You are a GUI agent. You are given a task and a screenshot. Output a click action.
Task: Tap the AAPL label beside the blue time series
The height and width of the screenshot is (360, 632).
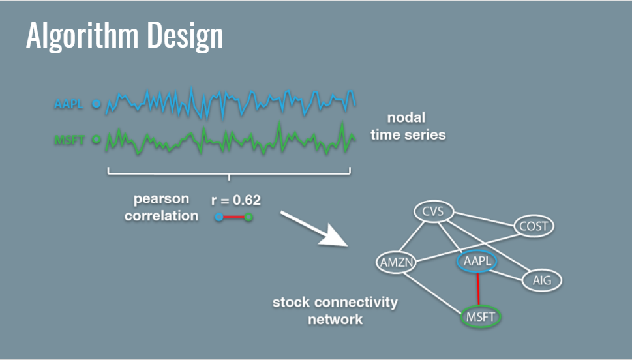[x=69, y=103]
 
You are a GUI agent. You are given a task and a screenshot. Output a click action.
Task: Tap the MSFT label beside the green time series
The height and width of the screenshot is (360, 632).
[x=69, y=139]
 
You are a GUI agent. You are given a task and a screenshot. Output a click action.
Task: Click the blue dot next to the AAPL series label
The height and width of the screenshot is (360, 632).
[x=97, y=103]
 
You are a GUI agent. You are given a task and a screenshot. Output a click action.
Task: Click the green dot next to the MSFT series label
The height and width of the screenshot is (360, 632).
[x=97, y=139]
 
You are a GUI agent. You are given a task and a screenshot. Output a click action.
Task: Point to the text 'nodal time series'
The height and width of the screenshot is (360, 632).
[x=408, y=127]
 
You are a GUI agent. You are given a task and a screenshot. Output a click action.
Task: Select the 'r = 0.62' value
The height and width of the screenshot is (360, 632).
[x=235, y=200]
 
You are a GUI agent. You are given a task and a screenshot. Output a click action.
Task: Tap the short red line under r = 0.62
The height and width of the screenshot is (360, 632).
[x=233, y=217]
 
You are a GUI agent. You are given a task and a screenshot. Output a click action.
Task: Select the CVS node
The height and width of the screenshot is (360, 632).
[x=434, y=211]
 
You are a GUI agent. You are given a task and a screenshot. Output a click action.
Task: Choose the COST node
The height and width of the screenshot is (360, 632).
[x=534, y=226]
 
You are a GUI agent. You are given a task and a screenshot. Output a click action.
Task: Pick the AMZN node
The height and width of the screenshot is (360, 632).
[x=396, y=262]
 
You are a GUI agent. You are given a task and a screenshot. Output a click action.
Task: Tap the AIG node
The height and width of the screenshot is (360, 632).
[x=541, y=280]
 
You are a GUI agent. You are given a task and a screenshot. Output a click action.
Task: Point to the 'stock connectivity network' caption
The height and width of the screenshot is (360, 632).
[x=335, y=311]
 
